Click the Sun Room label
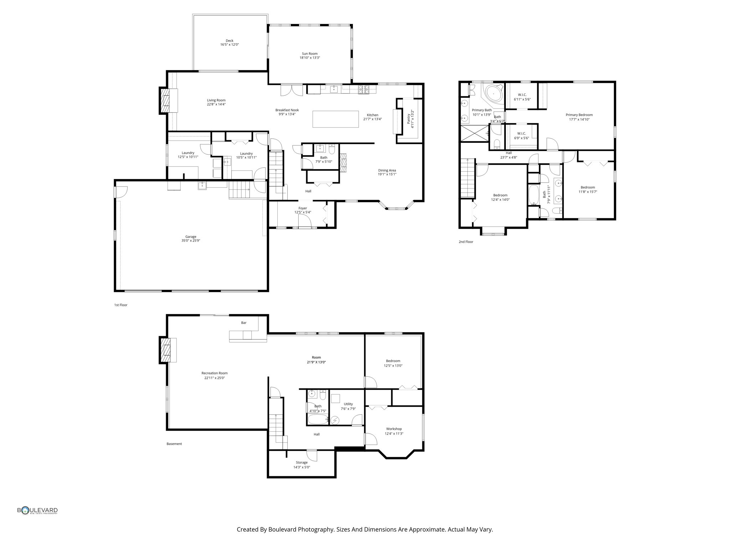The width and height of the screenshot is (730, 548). (309, 54)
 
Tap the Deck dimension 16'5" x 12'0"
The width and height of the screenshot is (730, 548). (229, 45)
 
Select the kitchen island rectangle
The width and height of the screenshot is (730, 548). (335, 119)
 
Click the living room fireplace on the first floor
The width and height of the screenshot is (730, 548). (165, 101)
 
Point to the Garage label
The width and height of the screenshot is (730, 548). (191, 237)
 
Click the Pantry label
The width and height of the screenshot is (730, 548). (408, 119)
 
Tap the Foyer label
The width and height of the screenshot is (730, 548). (303, 208)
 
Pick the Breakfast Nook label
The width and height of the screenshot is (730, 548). (287, 110)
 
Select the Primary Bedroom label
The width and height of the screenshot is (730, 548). (579, 115)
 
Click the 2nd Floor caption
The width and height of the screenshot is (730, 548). (466, 242)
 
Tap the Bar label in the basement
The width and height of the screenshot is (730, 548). (244, 323)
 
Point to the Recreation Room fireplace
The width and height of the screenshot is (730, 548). (165, 350)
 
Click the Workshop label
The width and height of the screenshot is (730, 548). (394, 429)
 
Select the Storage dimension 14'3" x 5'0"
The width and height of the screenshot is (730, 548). (302, 467)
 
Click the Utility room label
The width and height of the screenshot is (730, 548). (348, 404)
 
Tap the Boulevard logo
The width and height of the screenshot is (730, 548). (37, 511)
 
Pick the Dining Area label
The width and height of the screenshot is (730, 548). (387, 170)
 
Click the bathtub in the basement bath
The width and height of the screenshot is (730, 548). (318, 420)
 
